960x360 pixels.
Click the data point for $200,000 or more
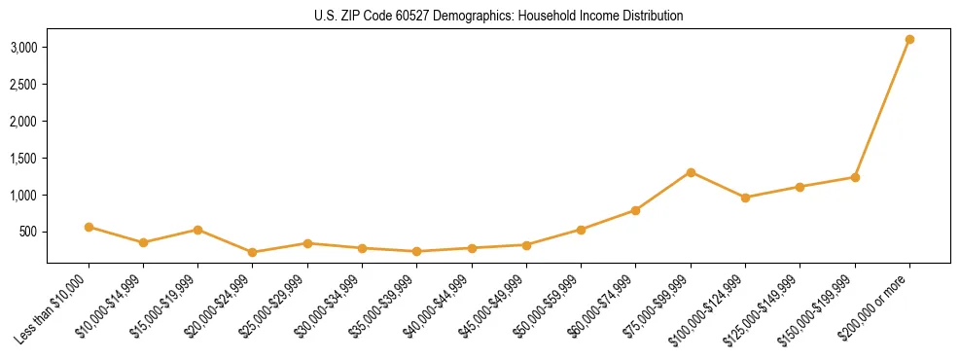(909, 40)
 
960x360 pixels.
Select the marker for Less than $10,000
(89, 227)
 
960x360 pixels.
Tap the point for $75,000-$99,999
(691, 172)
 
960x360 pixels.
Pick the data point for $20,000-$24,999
(253, 252)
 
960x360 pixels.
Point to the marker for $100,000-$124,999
(745, 198)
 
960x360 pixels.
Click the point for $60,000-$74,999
(635, 210)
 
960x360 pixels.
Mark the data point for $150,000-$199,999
(855, 177)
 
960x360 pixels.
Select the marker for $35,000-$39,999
(416, 251)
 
